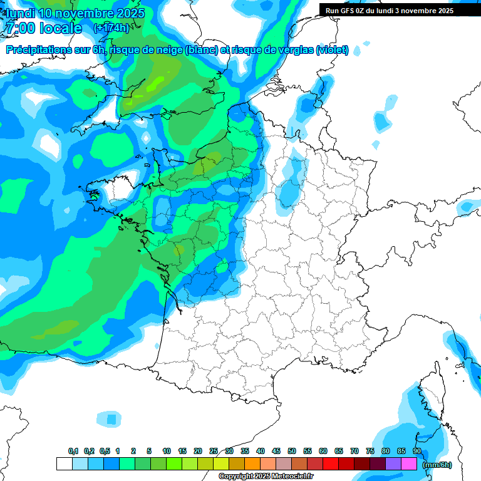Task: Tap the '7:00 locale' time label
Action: [x=43, y=28]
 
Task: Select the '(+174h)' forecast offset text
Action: [x=111, y=28]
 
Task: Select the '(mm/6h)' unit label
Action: [x=437, y=465]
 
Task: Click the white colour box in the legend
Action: [x=64, y=464]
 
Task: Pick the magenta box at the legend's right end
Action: [x=409, y=464]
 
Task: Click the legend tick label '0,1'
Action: [x=73, y=452]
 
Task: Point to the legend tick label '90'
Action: [x=417, y=452]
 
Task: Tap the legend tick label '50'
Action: [x=292, y=452]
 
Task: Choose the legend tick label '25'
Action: [x=214, y=452]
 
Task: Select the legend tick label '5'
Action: [x=149, y=452]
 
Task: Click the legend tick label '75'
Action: [x=370, y=452]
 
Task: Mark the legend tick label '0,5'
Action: [x=105, y=452]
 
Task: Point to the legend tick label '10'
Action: [x=167, y=452]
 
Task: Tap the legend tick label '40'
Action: [x=261, y=452]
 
